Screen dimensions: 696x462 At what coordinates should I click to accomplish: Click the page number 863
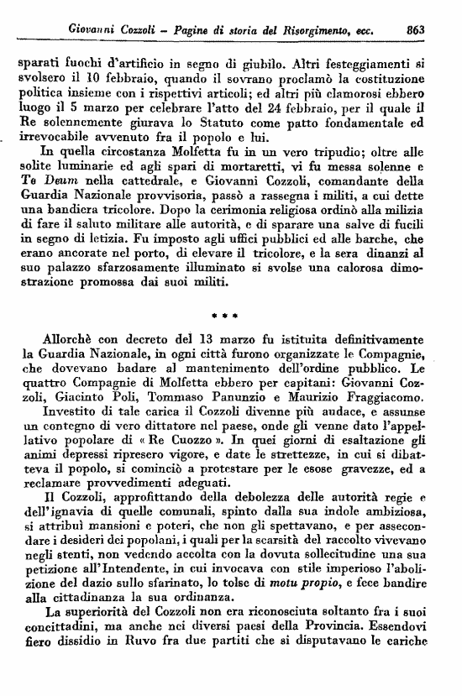coord(415,29)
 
